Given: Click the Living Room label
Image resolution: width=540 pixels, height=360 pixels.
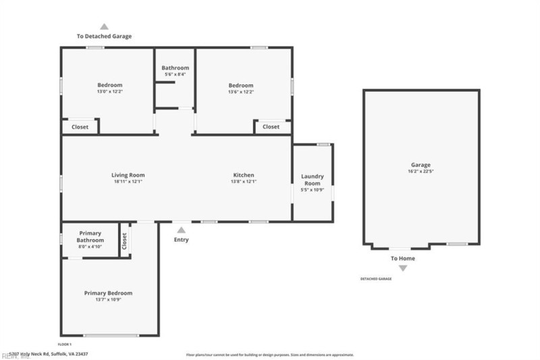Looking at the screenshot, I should (x=128, y=176).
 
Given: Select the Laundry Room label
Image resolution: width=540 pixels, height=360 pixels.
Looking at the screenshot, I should (x=312, y=180).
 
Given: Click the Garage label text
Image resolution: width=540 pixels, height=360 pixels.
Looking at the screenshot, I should (x=421, y=165).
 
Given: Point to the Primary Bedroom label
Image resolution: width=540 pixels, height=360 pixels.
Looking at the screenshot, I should (x=108, y=293).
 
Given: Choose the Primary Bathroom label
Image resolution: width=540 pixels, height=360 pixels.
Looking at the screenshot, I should (x=90, y=236).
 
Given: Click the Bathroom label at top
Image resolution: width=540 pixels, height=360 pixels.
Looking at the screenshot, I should (x=175, y=68).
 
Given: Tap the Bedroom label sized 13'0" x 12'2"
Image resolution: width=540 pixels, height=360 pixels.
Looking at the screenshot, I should (x=109, y=85).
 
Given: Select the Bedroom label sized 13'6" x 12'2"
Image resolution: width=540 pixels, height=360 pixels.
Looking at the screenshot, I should (x=241, y=85).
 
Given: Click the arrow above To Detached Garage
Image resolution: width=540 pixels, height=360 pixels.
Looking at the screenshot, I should (x=104, y=26).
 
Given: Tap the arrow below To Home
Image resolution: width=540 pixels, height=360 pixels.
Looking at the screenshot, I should (x=403, y=268).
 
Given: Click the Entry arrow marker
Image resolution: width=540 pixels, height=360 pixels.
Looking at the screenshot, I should (x=181, y=230).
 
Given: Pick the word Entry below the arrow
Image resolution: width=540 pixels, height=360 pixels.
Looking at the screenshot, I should (x=182, y=240).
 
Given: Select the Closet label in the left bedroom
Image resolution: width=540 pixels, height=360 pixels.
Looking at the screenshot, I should (x=80, y=127).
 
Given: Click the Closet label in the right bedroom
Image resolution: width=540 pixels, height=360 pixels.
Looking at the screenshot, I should (x=271, y=127).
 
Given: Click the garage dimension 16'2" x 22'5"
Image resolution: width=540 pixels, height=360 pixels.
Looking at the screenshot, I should (x=421, y=172).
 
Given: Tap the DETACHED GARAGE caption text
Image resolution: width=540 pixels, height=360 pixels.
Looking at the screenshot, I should (x=375, y=279).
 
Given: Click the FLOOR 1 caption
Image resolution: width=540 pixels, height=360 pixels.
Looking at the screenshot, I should (x=64, y=344).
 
